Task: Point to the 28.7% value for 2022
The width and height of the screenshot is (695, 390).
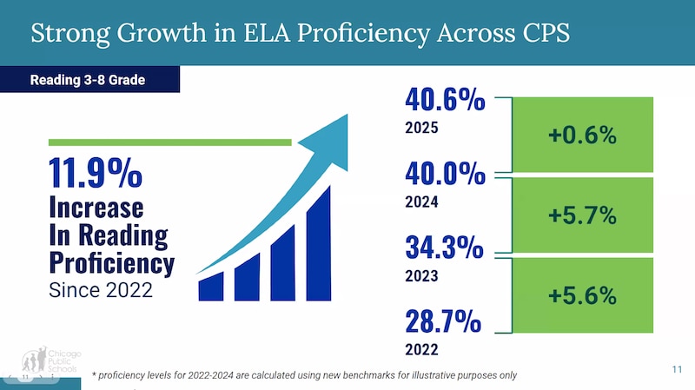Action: tap(443, 322)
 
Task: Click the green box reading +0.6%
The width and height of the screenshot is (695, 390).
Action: tap(581, 135)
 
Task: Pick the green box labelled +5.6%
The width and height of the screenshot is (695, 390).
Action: tap(581, 295)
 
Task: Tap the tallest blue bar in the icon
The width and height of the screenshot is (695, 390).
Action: tap(319, 243)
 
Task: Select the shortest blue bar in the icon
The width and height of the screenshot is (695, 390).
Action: tap(211, 287)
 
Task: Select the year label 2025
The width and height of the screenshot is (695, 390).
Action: tap(421, 128)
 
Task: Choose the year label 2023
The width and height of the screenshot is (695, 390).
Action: tap(421, 276)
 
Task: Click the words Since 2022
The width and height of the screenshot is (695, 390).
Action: tap(101, 290)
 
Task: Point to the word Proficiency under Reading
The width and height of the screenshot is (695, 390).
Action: tap(111, 262)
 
